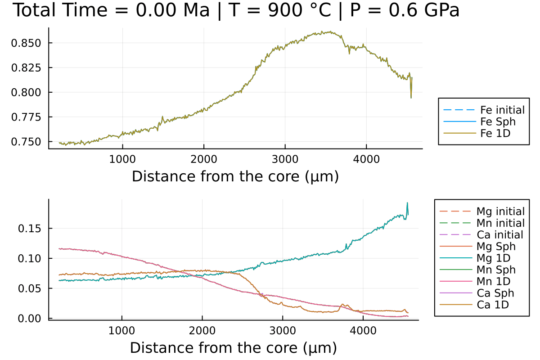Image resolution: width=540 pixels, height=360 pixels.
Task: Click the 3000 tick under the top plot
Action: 285,159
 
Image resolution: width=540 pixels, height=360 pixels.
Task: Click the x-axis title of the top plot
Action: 235,176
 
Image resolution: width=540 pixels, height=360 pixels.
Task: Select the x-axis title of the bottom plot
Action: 233,347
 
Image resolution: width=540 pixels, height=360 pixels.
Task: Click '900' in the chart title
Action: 281,10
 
